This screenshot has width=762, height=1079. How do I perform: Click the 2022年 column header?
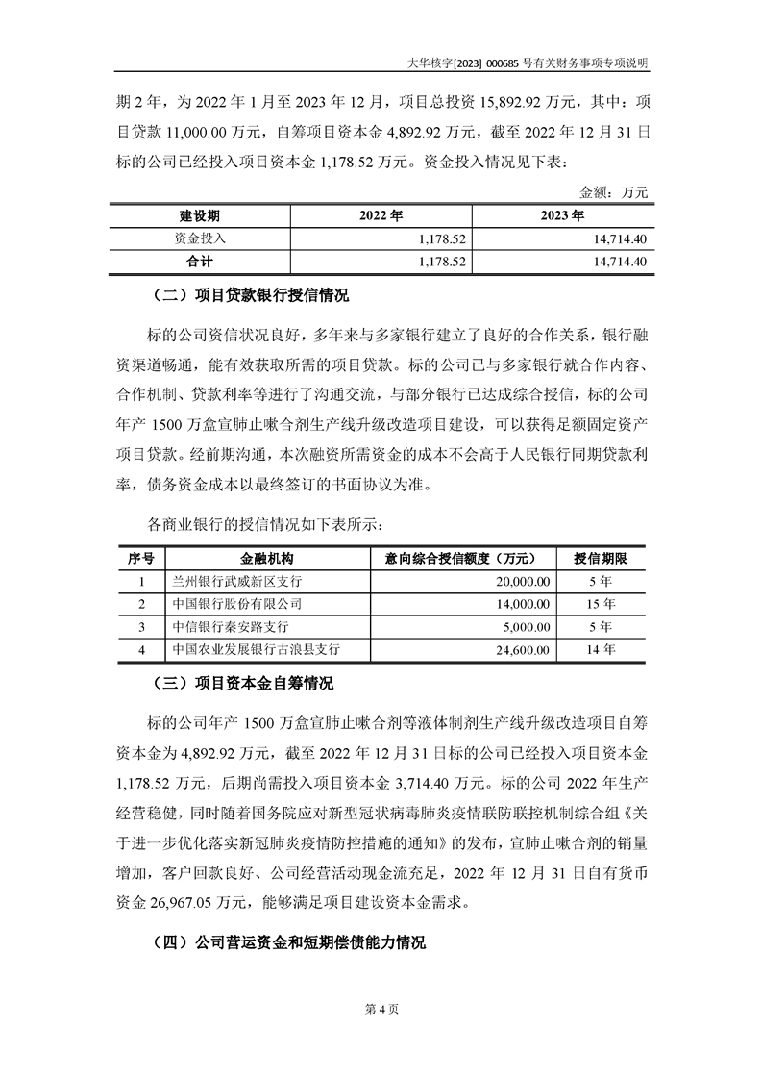381,214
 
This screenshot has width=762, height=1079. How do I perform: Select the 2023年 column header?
562,214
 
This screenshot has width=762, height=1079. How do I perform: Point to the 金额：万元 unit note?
615,192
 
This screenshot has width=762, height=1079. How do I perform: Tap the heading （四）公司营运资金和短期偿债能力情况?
288,941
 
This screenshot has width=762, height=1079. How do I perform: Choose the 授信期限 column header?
602,559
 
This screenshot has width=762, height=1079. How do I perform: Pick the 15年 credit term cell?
601,604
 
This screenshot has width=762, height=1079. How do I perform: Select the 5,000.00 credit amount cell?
525,627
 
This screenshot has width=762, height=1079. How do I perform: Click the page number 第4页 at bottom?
381,1009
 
